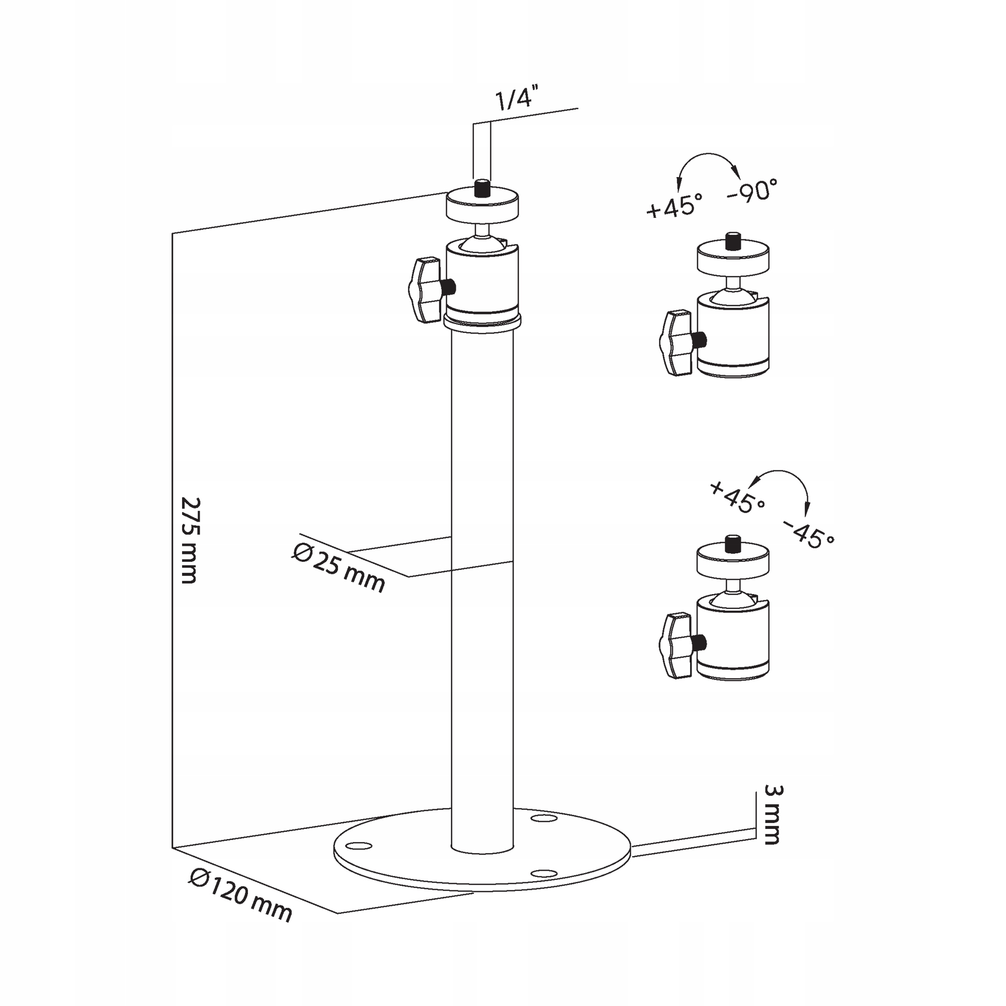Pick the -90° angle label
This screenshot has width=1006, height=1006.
point(752,192)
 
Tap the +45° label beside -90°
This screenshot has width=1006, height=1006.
point(674,206)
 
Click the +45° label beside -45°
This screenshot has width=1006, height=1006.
point(737,497)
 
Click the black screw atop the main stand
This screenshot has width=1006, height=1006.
point(482,188)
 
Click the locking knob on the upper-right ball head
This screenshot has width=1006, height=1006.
point(675,343)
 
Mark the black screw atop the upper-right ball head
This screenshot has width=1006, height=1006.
point(733,241)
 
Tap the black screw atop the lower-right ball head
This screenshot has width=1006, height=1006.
point(733,543)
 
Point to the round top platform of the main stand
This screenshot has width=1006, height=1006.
point(482,205)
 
